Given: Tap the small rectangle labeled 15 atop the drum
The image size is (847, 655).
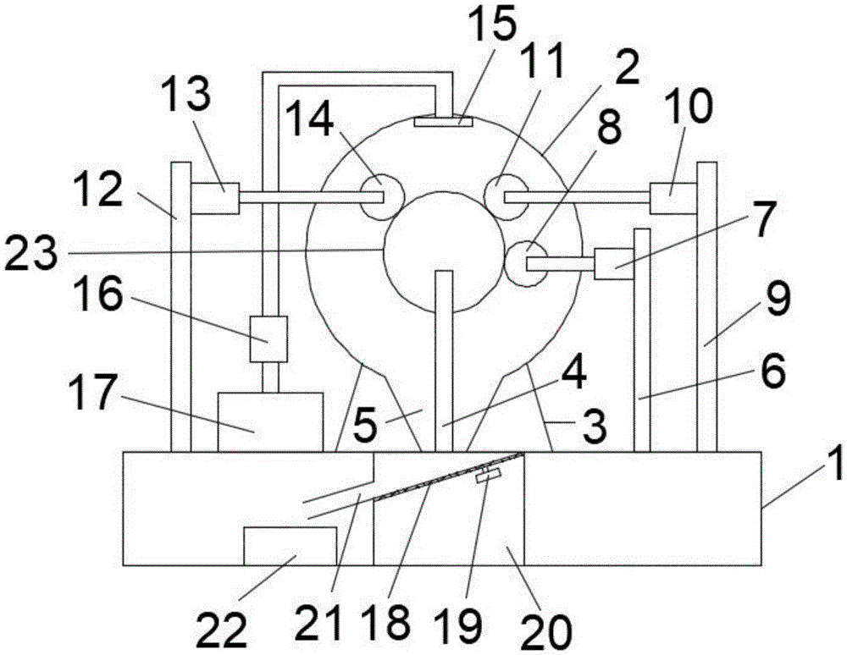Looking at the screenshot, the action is tap(443, 122).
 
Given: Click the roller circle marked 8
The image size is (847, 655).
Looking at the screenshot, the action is tap(527, 264).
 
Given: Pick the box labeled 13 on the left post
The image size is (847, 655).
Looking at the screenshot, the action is tap(215, 198).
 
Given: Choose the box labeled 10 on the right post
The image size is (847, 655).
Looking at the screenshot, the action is tap(673, 198).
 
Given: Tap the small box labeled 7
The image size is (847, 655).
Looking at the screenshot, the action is tap(613, 263).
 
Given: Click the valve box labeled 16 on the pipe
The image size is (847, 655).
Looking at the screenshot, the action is tap(268, 339).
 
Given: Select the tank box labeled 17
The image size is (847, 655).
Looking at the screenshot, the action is tap(270, 422).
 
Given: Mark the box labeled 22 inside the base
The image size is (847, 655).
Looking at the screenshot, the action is tap(290, 546).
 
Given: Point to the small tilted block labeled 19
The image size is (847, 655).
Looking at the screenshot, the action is tap(488, 475).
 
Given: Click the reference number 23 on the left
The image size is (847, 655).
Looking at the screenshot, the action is tap(30, 253).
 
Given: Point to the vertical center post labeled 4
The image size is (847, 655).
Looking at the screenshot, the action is tap(444, 361).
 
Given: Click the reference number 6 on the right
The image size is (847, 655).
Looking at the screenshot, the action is tap(773, 372).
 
